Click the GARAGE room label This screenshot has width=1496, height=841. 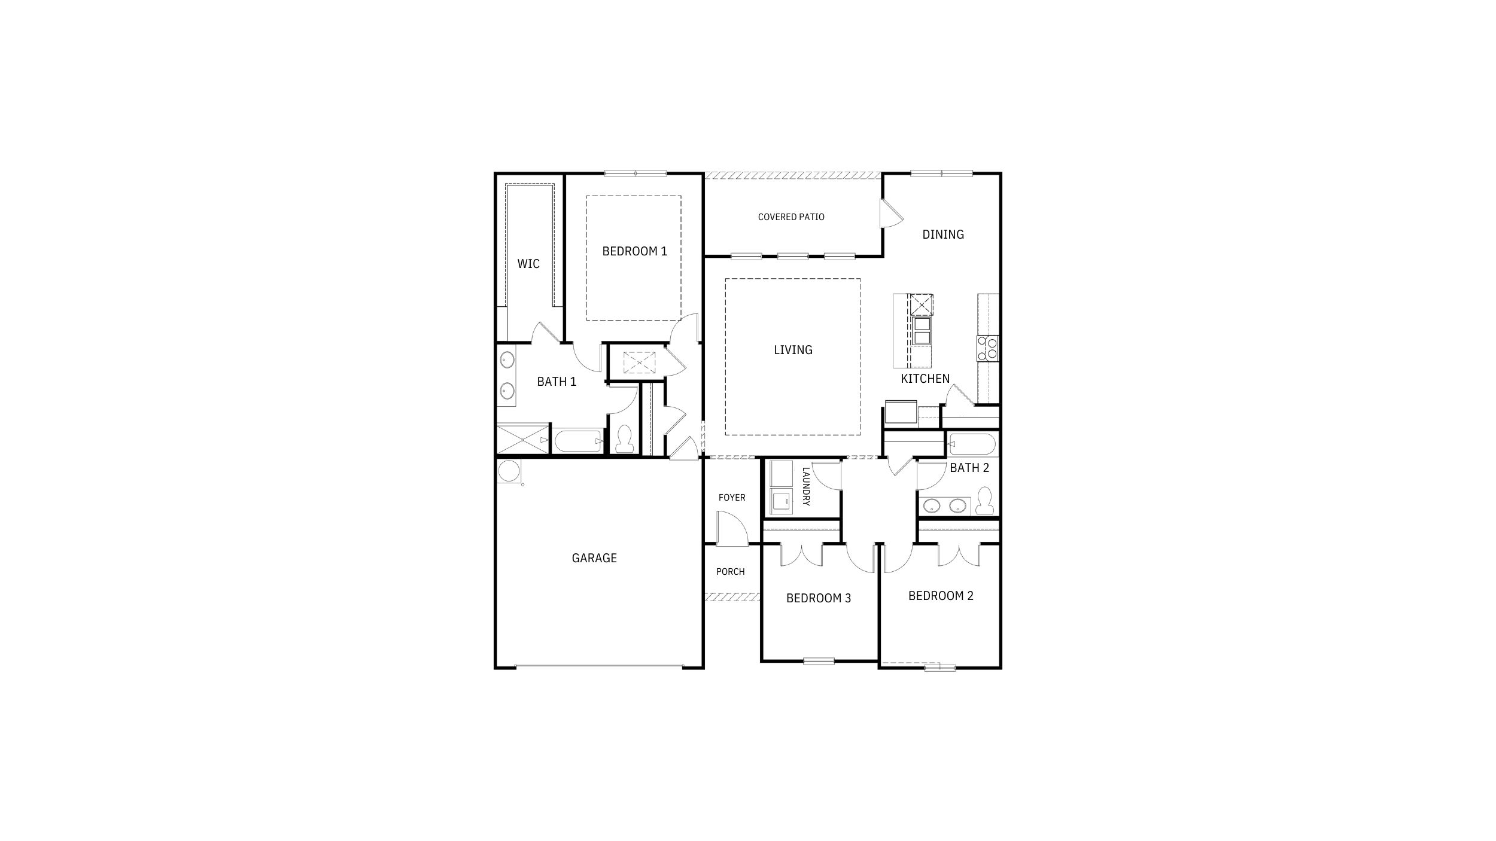pyautogui.click(x=594, y=558)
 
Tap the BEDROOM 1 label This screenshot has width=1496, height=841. pyautogui.click(x=634, y=251)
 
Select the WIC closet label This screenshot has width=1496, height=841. pyautogui.click(x=528, y=264)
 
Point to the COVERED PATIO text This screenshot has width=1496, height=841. pyautogui.click(x=791, y=217)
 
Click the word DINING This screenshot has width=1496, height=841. pyautogui.click(x=943, y=234)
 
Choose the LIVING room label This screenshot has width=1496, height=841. pyautogui.click(x=793, y=350)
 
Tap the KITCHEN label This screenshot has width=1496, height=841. pyautogui.click(x=925, y=379)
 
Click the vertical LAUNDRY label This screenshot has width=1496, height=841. pyautogui.click(x=805, y=486)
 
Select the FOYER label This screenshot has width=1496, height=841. pyautogui.click(x=732, y=498)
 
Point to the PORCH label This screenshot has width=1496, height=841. pyautogui.click(x=730, y=572)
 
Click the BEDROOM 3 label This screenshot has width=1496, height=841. pyautogui.click(x=818, y=598)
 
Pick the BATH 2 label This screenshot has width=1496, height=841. pyautogui.click(x=969, y=468)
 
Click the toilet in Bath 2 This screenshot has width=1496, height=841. pyautogui.click(x=984, y=501)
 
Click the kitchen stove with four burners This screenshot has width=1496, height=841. pyautogui.click(x=987, y=348)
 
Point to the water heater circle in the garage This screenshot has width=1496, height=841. pyautogui.click(x=509, y=471)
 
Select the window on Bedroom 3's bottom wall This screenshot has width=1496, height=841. pyautogui.click(x=819, y=661)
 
